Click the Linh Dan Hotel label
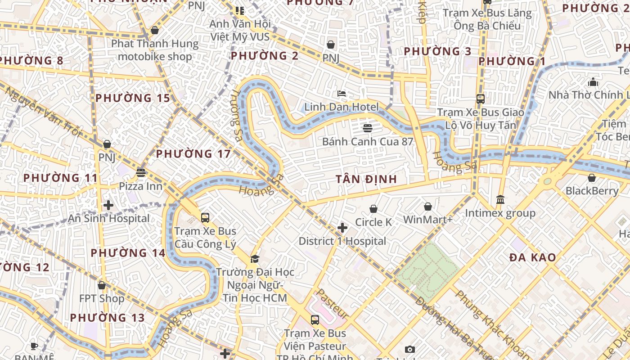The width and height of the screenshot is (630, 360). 341,107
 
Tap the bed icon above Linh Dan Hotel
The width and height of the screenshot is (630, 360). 342,94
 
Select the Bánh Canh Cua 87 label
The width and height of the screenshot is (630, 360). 367,141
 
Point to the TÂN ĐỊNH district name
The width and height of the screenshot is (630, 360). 366,179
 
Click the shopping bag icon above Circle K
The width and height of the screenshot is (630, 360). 373,209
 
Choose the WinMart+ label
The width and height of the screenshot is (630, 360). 427,220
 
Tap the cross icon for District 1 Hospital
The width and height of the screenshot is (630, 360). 342,228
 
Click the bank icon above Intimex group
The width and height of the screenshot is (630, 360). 500,199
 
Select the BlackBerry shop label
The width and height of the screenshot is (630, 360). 592,191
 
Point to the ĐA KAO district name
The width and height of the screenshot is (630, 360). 533,257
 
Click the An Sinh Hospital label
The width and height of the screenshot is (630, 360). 108,219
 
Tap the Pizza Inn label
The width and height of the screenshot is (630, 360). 140,186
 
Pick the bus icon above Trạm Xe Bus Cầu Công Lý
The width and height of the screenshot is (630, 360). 205,218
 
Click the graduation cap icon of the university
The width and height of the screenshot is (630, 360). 255,259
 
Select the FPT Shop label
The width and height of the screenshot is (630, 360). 102,298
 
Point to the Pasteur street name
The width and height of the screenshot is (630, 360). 331,304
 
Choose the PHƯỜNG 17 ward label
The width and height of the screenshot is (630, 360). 193,154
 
